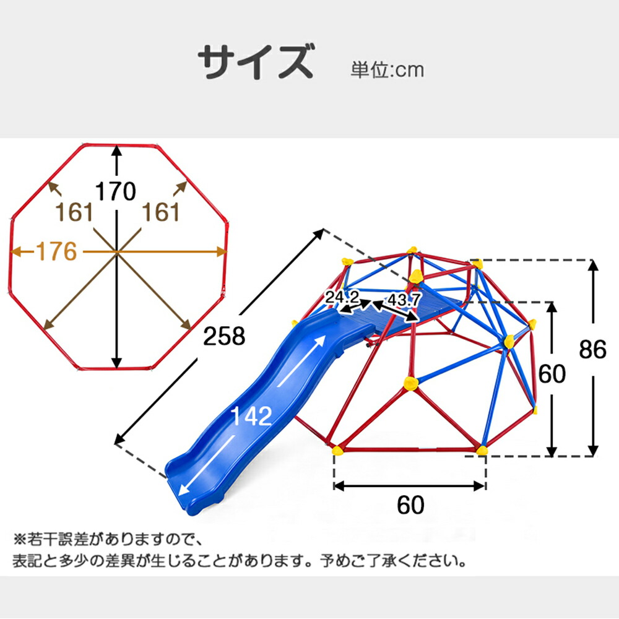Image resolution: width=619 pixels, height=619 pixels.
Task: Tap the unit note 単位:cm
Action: point(387,70)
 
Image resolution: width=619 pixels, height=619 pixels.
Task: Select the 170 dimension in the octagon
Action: point(116,192)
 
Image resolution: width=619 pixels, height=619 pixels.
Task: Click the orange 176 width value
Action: point(56,251)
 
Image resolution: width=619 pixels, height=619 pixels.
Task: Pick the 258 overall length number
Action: point(225,337)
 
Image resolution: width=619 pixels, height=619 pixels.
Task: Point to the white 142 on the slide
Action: point(251,416)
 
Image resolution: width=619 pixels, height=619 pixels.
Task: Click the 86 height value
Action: point(593,350)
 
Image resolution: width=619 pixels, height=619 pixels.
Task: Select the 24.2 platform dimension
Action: point(344,298)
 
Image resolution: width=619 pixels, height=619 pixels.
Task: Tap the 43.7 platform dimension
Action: point(404,300)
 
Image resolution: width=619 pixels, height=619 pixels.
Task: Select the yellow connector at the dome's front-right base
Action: point(482,449)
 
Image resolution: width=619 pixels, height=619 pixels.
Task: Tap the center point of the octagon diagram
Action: point(116,252)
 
